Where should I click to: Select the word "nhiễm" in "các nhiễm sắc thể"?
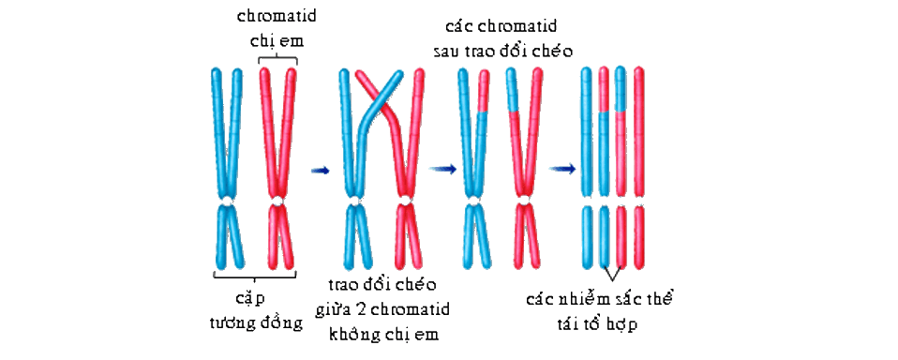tap(591, 301)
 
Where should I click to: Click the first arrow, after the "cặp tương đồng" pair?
tap(321, 170)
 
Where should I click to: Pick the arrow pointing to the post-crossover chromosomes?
tap(442, 168)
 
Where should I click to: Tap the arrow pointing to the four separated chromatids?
tap(562, 169)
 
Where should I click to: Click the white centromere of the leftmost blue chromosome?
tap(228, 202)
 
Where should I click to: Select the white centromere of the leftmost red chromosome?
tap(277, 202)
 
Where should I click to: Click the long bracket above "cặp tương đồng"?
tap(255, 277)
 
